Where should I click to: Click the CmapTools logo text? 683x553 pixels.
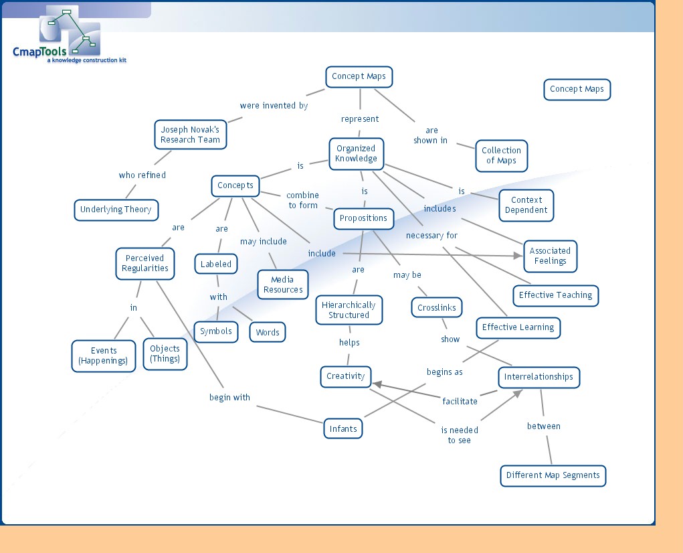click(39, 52)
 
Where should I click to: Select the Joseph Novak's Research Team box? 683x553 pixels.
click(190, 135)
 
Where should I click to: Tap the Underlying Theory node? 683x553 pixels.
click(116, 210)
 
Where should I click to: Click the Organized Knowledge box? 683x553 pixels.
click(356, 153)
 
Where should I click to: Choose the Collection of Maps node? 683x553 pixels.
click(500, 155)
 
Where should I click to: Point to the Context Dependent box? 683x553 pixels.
click(526, 205)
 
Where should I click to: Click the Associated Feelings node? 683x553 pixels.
click(550, 256)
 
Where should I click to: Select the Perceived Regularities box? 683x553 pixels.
click(144, 263)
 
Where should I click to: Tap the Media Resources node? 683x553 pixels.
click(283, 285)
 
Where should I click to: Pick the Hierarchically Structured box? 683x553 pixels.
click(349, 310)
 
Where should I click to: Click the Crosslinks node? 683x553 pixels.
click(437, 308)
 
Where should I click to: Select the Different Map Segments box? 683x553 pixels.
click(553, 475)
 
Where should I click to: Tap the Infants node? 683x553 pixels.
click(343, 428)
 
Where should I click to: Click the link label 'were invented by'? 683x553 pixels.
click(274, 106)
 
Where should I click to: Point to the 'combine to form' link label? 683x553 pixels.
click(303, 200)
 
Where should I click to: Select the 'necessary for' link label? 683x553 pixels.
click(431, 236)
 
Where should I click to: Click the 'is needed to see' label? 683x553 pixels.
click(460, 435)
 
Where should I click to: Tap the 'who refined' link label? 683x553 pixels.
click(142, 175)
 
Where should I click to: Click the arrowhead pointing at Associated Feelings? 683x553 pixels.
click(518, 255)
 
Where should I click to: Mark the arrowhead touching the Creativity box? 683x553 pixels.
click(376, 384)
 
